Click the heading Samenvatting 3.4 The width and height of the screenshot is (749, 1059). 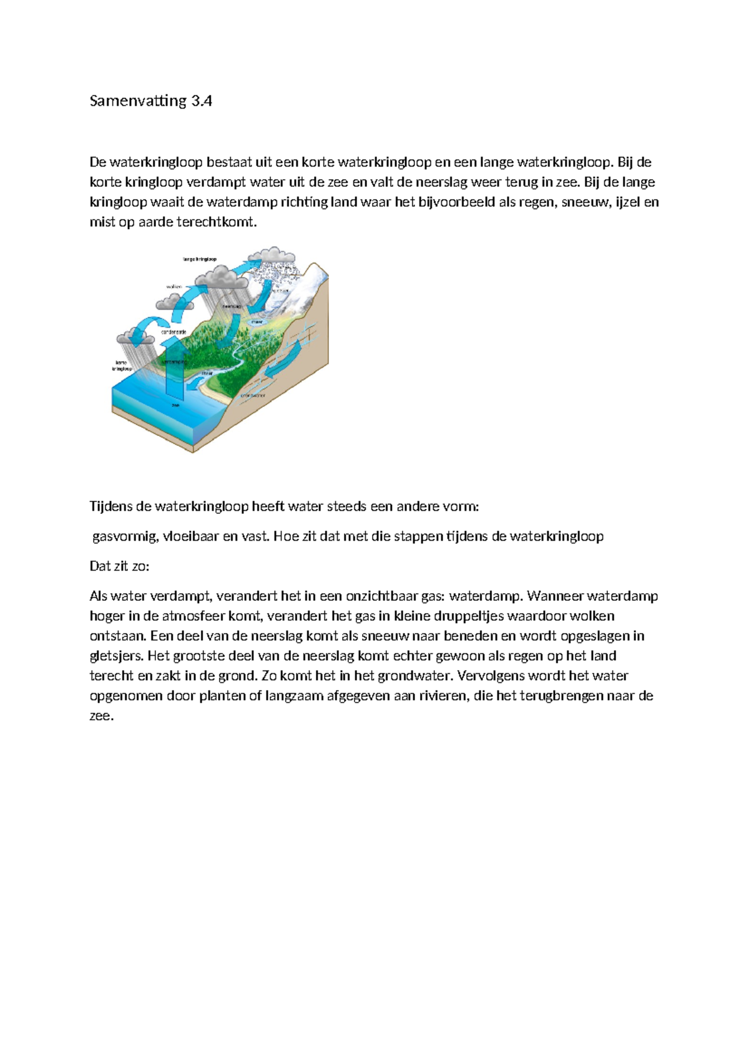[x=150, y=101]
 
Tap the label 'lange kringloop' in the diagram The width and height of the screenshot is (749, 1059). [x=199, y=259]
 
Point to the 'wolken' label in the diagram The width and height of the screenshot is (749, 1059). [x=174, y=286]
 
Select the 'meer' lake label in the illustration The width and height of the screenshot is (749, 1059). [x=257, y=322]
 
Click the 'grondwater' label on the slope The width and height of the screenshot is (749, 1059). [x=253, y=395]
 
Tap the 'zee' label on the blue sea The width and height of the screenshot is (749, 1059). [x=175, y=405]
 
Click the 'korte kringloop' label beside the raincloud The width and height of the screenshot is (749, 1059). [x=121, y=365]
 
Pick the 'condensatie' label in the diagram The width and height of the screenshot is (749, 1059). [x=174, y=332]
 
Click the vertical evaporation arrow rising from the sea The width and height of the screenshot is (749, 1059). [x=175, y=375]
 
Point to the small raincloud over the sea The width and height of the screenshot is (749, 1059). [x=134, y=337]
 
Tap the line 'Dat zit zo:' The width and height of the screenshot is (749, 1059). [x=120, y=566]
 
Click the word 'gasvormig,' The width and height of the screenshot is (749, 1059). [x=122, y=536]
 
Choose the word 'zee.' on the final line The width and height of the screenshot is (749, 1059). [x=102, y=716]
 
